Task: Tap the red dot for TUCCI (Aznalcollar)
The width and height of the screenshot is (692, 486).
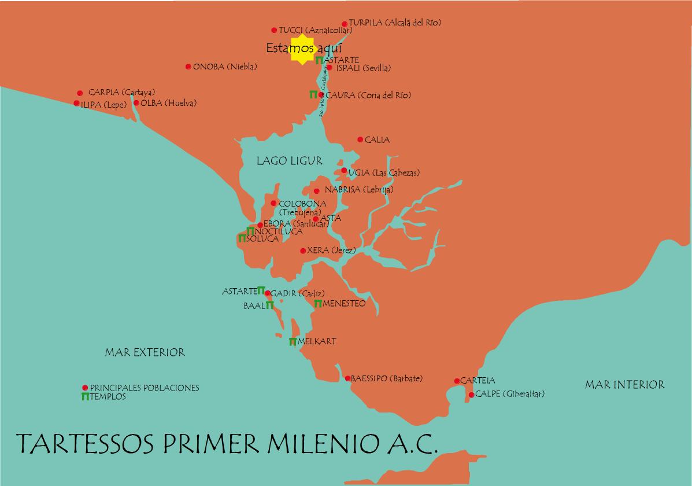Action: [x=274, y=30]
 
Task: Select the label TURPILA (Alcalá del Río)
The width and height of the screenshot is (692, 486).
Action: [x=395, y=23]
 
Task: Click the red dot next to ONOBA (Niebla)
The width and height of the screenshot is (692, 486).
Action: [x=188, y=67]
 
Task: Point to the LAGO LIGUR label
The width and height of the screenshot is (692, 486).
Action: [x=289, y=161]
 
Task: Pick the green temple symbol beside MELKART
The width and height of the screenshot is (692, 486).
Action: [x=293, y=341]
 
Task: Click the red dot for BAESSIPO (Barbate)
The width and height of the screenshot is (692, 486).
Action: [x=347, y=378]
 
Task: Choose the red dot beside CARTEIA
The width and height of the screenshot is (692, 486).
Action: [x=457, y=381]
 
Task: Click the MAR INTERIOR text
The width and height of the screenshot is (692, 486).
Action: [x=624, y=385]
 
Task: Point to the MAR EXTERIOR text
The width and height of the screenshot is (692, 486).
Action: [x=145, y=352]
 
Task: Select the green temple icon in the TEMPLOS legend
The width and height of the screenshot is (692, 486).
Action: [x=85, y=397]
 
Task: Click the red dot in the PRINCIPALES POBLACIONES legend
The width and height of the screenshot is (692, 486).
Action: [x=85, y=388]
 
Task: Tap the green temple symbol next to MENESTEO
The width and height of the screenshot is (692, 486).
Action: [x=318, y=303]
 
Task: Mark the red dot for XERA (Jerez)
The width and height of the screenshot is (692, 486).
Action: [x=303, y=251]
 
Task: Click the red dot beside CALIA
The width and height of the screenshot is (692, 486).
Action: [x=360, y=139]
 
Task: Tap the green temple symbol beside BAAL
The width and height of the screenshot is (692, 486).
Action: [x=269, y=305]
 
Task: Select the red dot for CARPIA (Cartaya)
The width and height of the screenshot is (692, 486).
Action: [x=80, y=93]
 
